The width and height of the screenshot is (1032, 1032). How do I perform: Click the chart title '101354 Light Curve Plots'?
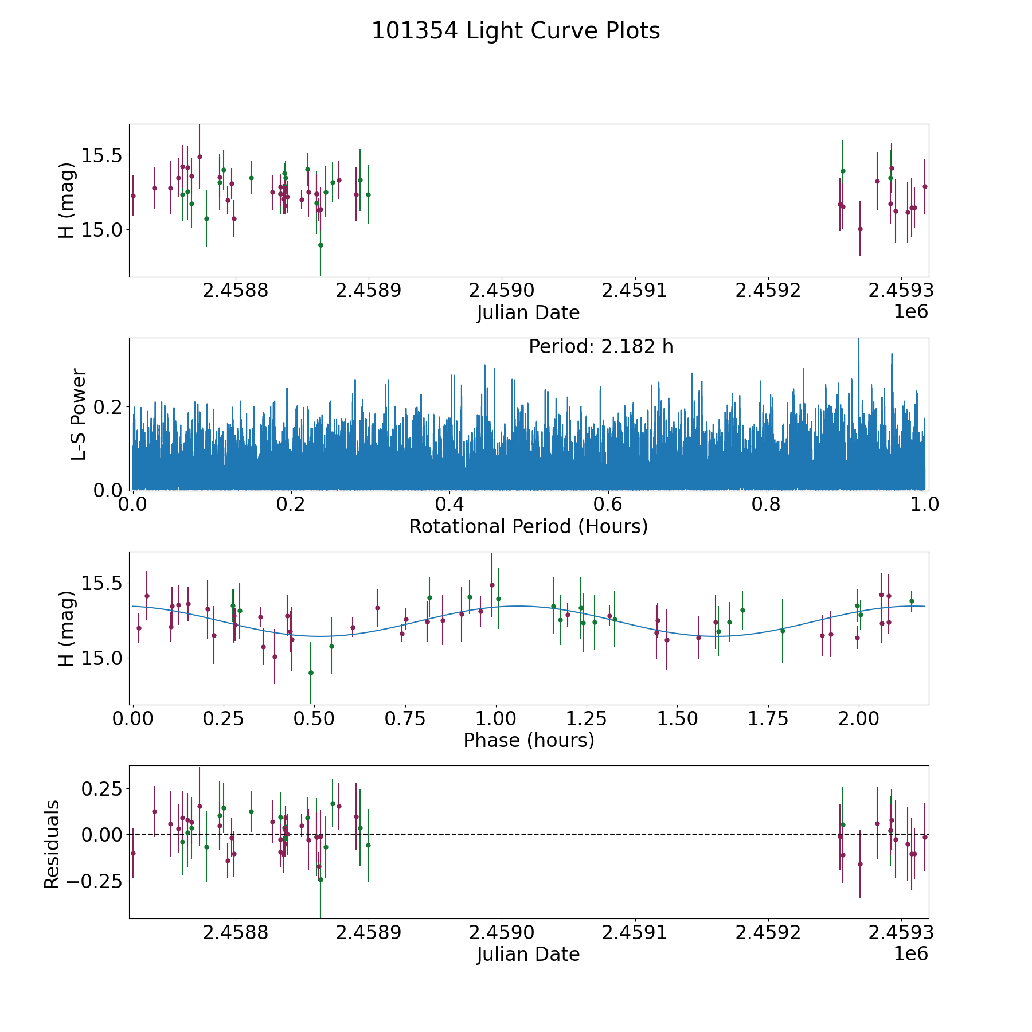click(515, 31)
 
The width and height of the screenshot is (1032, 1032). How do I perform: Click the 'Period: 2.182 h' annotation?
click(600, 347)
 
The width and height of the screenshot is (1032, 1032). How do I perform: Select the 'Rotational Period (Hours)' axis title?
click(528, 526)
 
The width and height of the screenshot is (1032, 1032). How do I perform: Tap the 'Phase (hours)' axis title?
click(528, 741)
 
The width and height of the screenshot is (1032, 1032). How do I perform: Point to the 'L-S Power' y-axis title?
click(79, 414)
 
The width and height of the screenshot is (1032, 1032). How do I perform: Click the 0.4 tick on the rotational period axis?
click(449, 505)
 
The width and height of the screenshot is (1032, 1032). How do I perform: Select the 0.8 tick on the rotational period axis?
click(767, 505)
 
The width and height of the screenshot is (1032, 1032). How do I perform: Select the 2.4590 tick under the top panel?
click(501, 291)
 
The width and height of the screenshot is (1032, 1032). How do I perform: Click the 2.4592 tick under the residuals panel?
click(768, 933)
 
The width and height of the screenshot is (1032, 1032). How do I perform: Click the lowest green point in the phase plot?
click(311, 673)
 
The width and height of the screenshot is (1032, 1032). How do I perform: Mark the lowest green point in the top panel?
click(320, 245)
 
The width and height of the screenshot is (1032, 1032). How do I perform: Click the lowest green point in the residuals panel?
click(320, 879)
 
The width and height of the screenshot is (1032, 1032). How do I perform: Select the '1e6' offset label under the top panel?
click(910, 312)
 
